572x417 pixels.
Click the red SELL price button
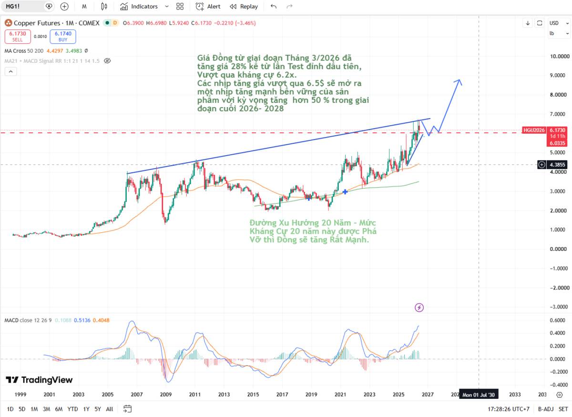(x=18, y=37)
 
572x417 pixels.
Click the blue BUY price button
(x=63, y=37)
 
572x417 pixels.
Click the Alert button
(x=208, y=7)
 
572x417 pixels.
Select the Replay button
(x=244, y=7)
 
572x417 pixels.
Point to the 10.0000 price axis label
(x=560, y=56)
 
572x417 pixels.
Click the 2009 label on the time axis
(x=166, y=394)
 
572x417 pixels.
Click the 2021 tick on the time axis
(x=340, y=394)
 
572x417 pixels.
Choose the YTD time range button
(x=72, y=409)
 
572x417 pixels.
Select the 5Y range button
(x=98, y=409)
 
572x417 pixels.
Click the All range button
(x=109, y=409)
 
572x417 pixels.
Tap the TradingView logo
(x=39, y=380)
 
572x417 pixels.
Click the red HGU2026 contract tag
(x=534, y=130)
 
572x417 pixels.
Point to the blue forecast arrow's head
(x=459, y=80)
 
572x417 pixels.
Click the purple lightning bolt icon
(x=419, y=308)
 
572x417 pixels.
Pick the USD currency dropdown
(x=559, y=23)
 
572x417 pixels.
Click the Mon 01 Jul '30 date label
(x=479, y=395)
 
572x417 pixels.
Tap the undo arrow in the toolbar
(x=274, y=7)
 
